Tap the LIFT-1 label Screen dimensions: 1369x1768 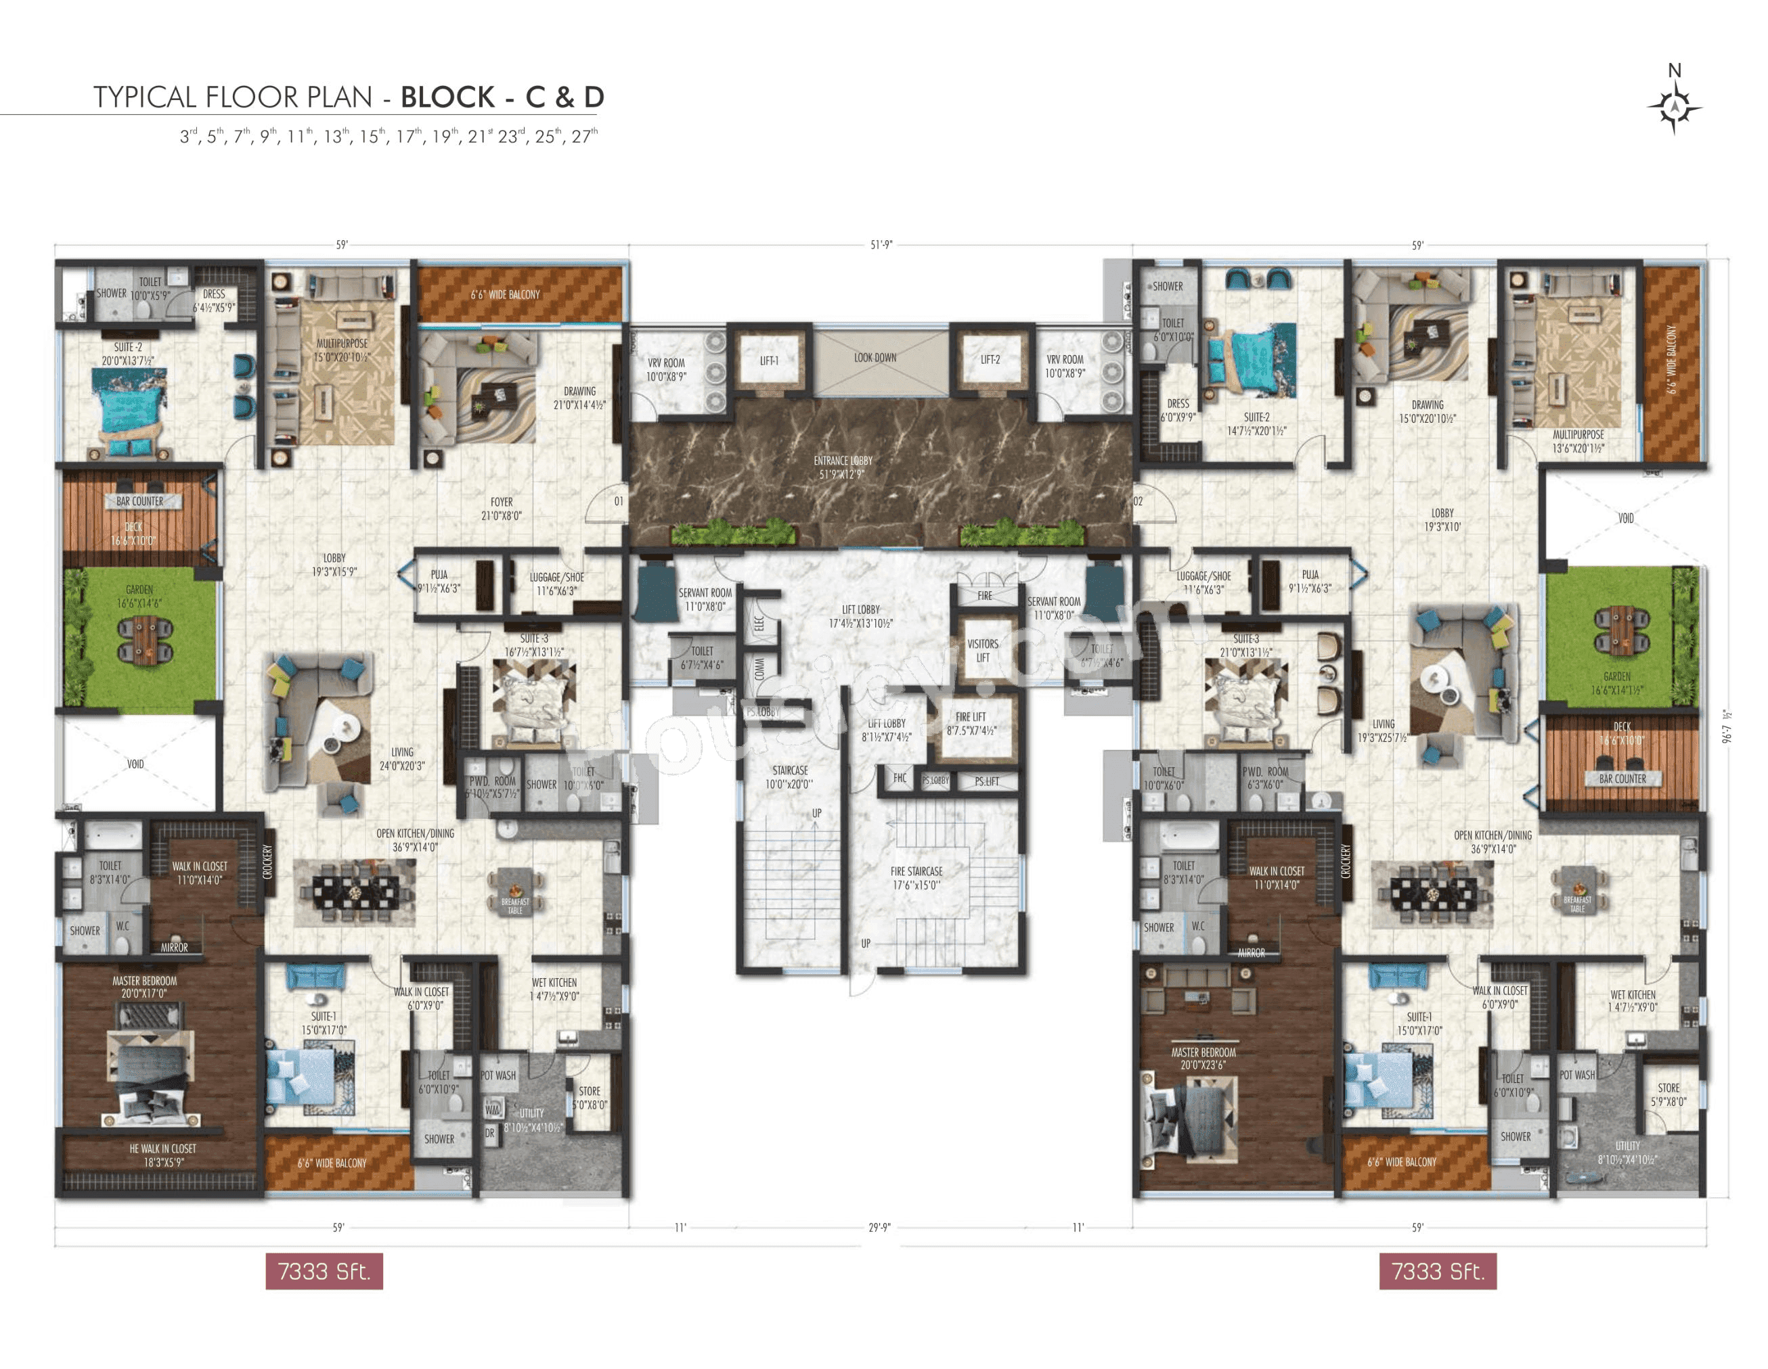(768, 361)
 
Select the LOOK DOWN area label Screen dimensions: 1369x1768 (875, 357)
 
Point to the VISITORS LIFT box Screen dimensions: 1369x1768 (982, 651)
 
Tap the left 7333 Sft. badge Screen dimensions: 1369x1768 (324, 1271)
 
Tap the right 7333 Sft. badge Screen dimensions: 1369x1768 (1437, 1271)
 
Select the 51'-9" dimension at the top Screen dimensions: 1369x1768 (881, 244)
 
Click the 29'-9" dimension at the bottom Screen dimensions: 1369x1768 (879, 1228)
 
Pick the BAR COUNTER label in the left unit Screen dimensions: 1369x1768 (139, 501)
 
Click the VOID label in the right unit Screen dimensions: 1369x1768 (1626, 518)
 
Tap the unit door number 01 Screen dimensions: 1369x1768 (619, 501)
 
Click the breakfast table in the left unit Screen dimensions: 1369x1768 (515, 891)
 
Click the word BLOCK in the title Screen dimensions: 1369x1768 (447, 97)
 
